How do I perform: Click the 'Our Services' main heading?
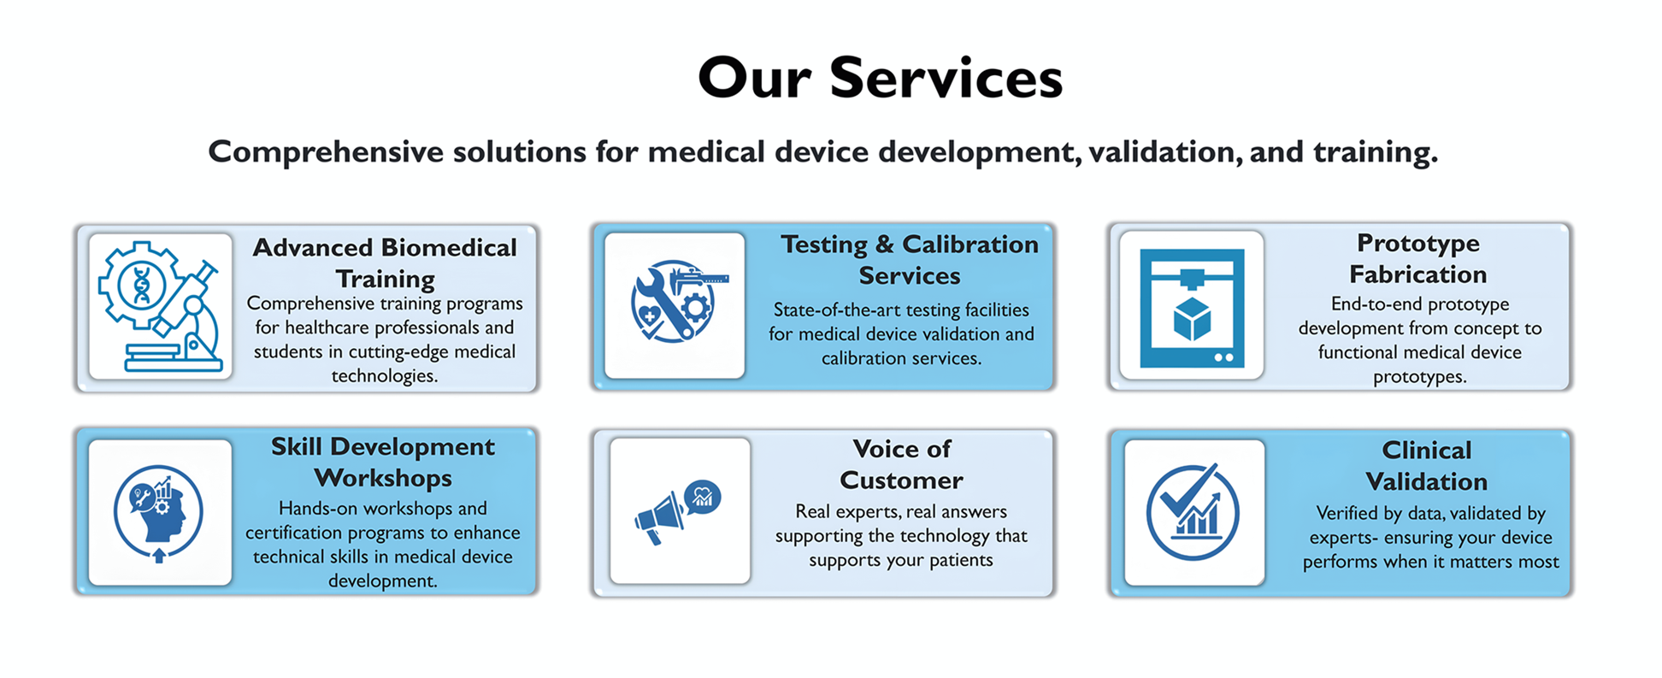click(x=880, y=78)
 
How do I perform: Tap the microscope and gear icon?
click(x=161, y=306)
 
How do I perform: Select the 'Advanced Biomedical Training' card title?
click(x=385, y=263)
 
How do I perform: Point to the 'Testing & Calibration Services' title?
click(x=910, y=260)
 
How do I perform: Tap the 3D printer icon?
click(x=1192, y=308)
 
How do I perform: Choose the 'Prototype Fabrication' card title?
click(x=1418, y=258)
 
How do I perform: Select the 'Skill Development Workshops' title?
click(x=383, y=463)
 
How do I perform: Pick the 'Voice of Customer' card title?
click(x=901, y=464)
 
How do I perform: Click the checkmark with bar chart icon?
click(x=1193, y=512)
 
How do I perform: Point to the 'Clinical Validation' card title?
click(x=1427, y=466)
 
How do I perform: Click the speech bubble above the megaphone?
click(x=703, y=497)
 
